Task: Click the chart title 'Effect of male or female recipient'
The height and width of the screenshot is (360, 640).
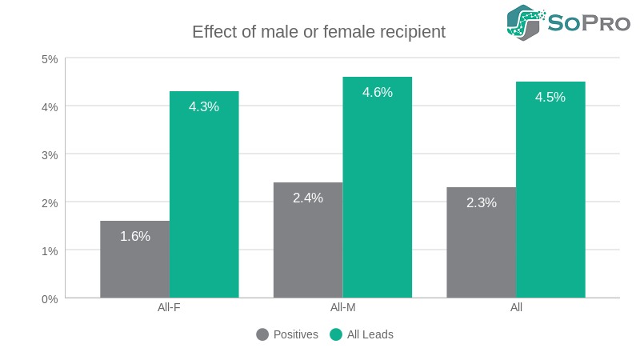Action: point(318,32)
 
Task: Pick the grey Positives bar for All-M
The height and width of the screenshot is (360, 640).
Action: point(308,240)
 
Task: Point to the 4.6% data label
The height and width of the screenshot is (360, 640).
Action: point(378,92)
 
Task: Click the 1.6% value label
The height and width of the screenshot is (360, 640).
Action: point(135,236)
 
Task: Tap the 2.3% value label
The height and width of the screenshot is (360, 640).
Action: point(482,202)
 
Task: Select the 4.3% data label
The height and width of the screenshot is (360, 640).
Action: point(204,106)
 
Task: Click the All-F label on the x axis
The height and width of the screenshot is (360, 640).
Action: point(169,307)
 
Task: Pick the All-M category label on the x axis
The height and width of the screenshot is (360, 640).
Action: point(342,307)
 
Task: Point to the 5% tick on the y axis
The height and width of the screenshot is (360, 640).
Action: point(50,58)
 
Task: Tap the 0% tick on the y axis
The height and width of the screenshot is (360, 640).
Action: point(50,298)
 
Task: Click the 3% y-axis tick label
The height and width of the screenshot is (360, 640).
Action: point(50,154)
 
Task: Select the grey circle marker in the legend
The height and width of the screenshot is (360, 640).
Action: point(262,334)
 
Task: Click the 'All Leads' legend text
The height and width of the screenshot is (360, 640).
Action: point(370,334)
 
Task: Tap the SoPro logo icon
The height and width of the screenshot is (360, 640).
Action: point(526,22)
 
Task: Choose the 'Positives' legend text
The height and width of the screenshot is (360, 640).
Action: point(295,334)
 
